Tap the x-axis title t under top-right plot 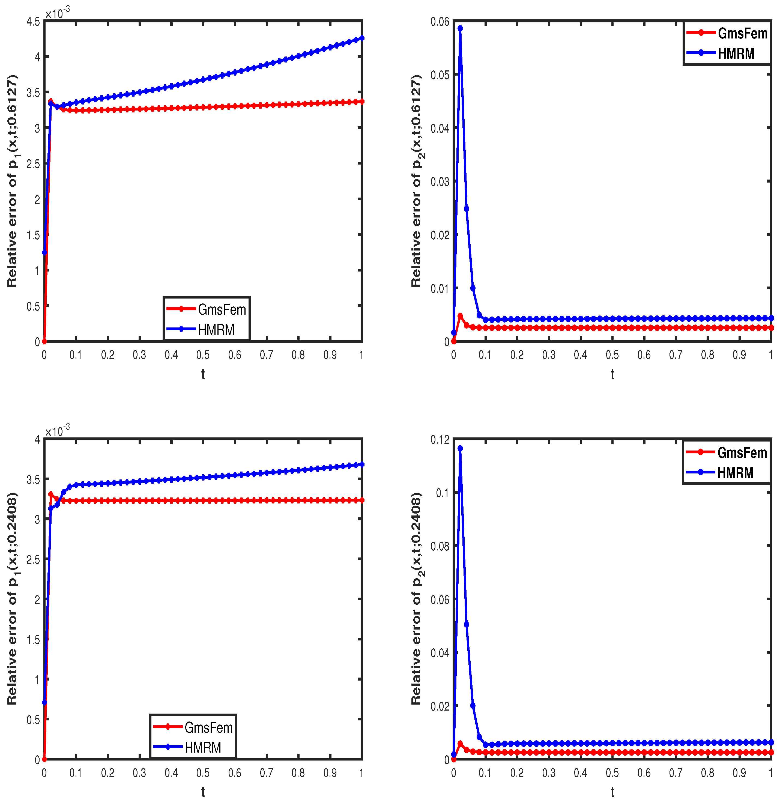pos(612,374)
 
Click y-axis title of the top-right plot pos(416,181)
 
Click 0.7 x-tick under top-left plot pos(267,355)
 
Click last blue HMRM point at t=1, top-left pos(362,38)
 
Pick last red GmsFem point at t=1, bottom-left pos(362,500)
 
